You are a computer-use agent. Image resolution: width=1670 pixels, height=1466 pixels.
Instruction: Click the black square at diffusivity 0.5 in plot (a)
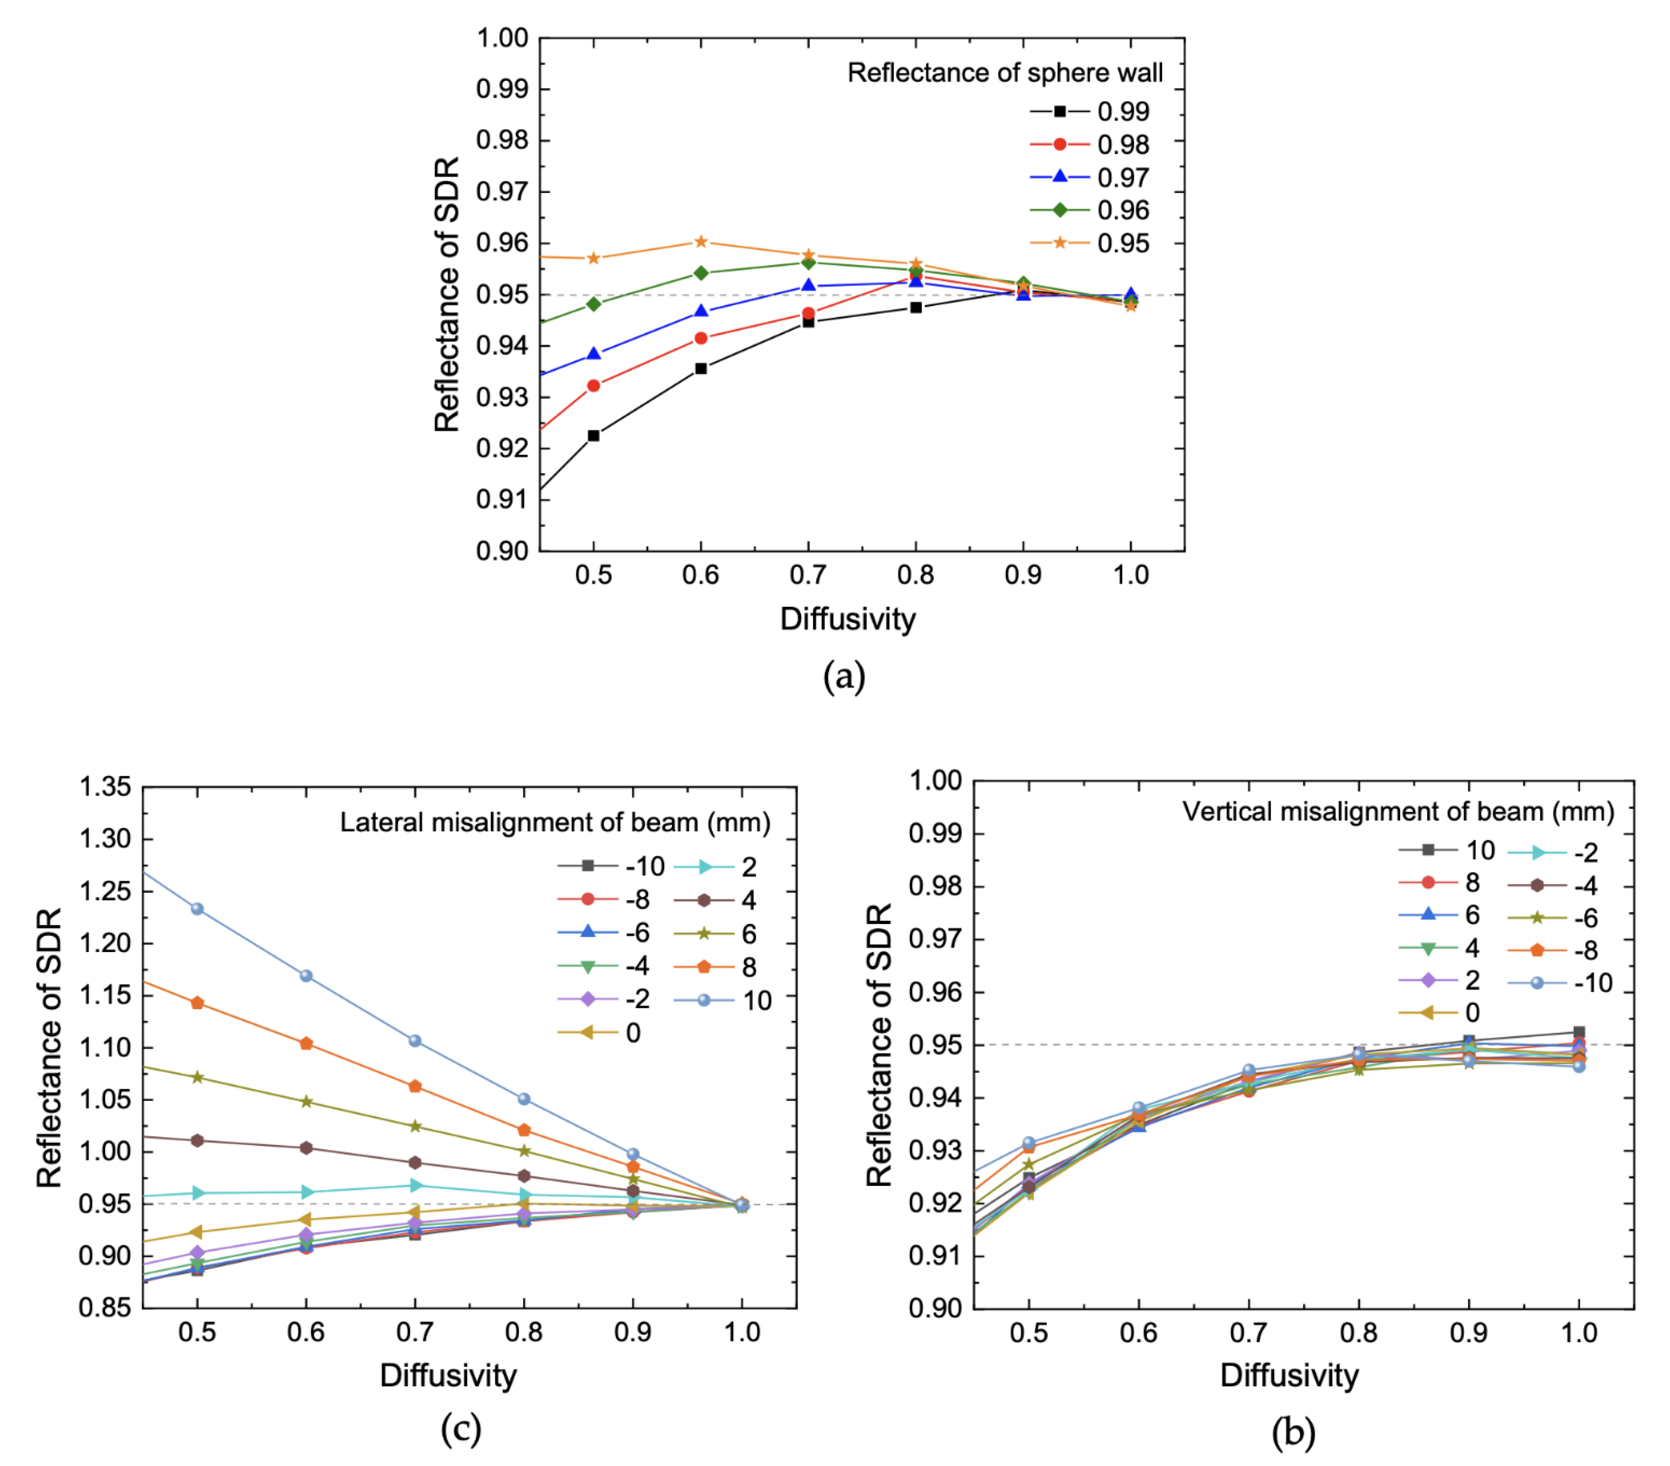593,435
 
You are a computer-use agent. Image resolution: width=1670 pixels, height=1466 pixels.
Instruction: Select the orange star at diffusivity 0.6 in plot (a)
700,242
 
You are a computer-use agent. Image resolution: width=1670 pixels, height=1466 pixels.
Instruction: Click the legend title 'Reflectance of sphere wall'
1004,73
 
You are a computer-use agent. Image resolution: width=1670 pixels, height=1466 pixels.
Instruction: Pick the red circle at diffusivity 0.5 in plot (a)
593,386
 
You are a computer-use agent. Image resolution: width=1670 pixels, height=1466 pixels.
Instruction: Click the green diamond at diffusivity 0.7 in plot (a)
808,262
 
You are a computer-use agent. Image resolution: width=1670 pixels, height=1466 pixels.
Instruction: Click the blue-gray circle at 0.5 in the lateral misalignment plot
197,909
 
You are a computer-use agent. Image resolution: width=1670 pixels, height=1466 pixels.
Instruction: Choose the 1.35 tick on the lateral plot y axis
105,787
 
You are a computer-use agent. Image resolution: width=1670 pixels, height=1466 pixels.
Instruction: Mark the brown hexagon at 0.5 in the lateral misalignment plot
197,1140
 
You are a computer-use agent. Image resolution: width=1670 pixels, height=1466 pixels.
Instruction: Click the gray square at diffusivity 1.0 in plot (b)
1578,1032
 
